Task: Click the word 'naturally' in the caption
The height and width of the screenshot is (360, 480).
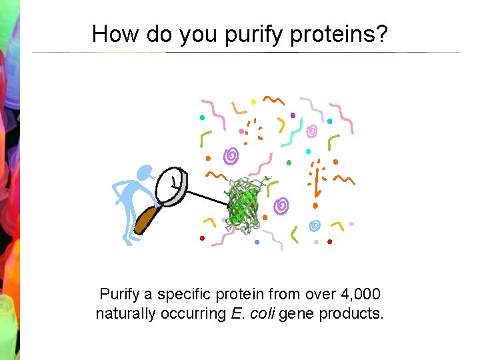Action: (124, 313)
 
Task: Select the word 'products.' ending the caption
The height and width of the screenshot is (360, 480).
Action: (351, 313)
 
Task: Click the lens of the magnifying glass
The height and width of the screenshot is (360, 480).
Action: (173, 183)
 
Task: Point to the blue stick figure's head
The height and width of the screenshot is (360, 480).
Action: (144, 173)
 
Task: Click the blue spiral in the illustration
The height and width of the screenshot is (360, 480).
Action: (315, 225)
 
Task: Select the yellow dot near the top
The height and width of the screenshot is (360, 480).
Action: (253, 102)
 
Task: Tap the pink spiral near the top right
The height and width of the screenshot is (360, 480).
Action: (311, 131)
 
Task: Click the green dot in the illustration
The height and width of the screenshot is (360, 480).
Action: (289, 162)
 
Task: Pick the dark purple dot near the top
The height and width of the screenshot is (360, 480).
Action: (293, 115)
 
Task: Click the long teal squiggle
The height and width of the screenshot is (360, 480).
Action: (293, 133)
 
